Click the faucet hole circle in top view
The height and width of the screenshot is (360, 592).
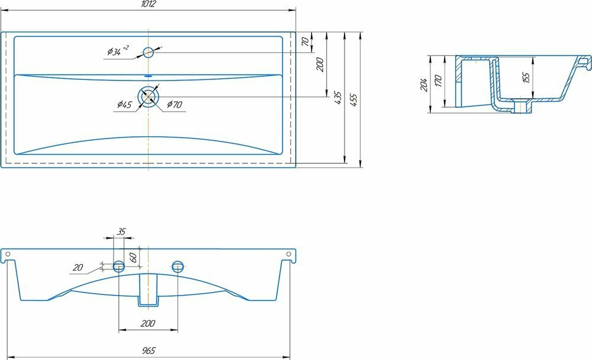[x=148, y=52]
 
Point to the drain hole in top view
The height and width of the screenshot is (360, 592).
[x=148, y=96]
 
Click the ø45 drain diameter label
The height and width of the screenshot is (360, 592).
[x=124, y=105]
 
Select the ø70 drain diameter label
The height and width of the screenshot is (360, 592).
[x=175, y=105]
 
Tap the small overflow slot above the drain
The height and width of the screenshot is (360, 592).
[x=148, y=76]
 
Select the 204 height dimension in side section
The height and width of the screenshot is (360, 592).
[x=424, y=84]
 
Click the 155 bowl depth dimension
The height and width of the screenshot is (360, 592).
[x=526, y=77]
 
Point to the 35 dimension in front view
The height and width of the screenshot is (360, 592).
[x=121, y=232]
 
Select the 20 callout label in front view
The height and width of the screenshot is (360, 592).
[x=77, y=268]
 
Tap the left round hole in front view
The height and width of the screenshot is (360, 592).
[x=119, y=266]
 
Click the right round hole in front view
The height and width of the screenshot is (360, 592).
[x=177, y=266]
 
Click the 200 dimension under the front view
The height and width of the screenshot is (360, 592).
[x=148, y=323]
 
